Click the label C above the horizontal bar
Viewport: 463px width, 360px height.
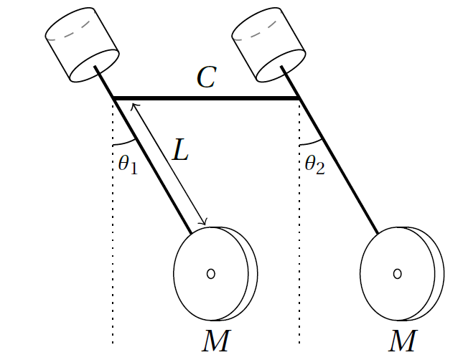coord(207,77)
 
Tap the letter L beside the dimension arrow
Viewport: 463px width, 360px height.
coord(180,150)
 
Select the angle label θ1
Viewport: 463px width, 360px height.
coord(128,164)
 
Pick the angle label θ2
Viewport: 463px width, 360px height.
coord(315,164)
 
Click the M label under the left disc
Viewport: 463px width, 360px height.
coord(216,341)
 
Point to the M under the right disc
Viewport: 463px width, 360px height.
coord(403,341)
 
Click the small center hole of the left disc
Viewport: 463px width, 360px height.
coord(210,274)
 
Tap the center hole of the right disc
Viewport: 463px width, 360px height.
coord(398,274)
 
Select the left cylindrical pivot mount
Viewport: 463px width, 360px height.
coord(82,44)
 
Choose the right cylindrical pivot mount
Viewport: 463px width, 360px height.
coord(268,44)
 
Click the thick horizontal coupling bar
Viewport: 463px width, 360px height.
coord(206,98)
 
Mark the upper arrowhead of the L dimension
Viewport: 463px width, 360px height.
coord(134,105)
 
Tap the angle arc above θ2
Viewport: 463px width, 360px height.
coord(312,143)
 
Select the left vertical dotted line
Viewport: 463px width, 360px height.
coord(113,222)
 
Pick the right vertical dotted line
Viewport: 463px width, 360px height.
coord(299,222)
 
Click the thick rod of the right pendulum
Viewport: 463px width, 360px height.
coord(329,150)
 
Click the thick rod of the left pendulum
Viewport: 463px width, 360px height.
coord(143,150)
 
